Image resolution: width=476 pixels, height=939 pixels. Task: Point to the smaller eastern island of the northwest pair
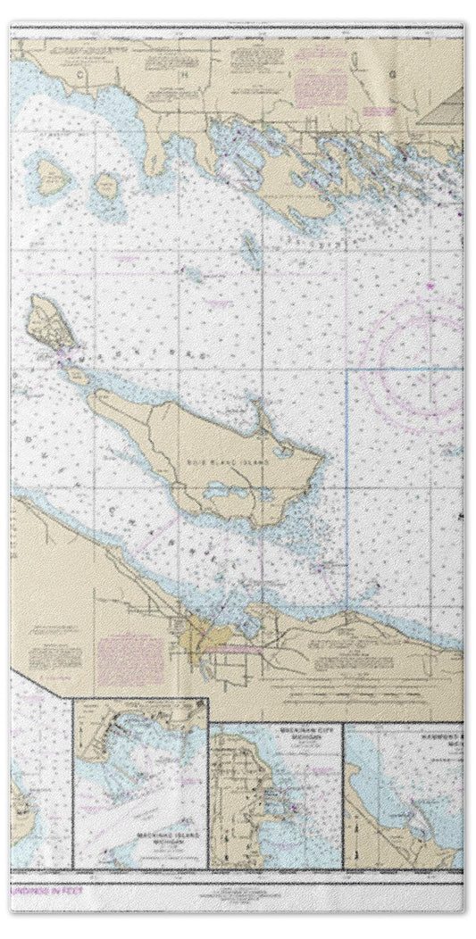107,186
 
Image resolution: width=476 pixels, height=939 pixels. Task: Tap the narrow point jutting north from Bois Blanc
261,415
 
